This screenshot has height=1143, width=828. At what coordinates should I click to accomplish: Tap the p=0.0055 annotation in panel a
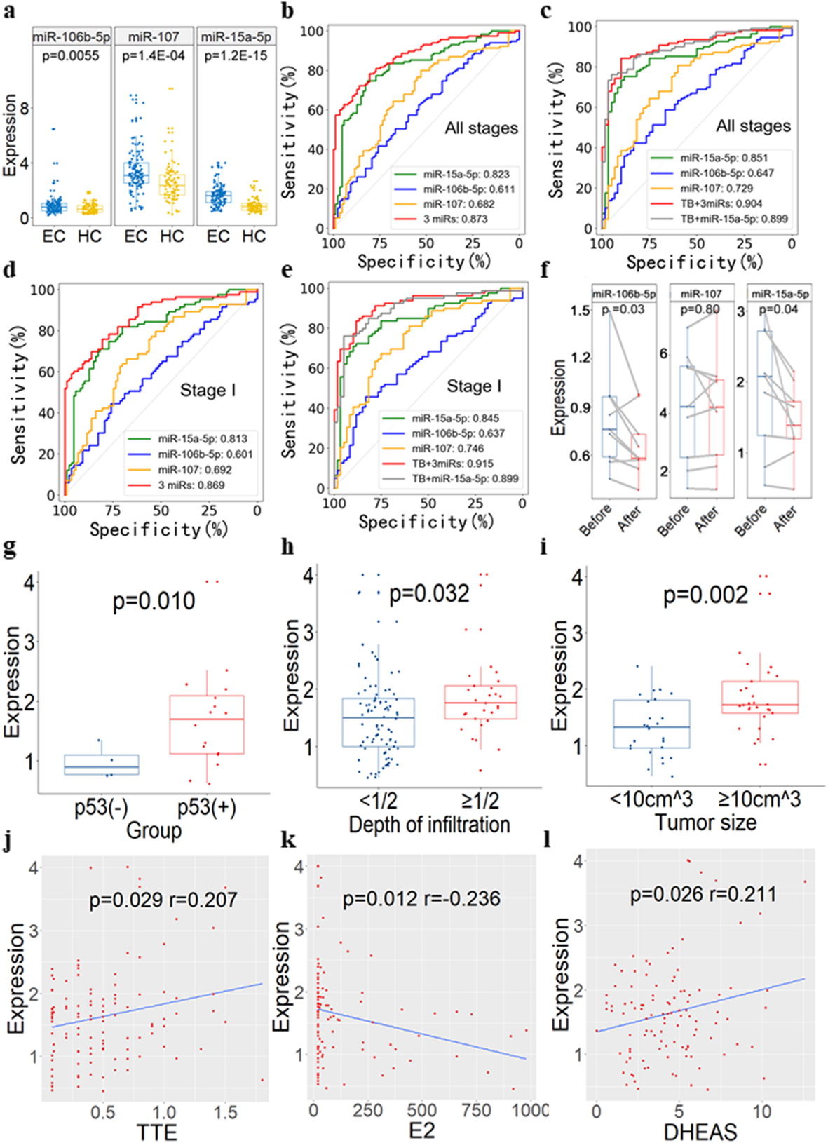(x=71, y=55)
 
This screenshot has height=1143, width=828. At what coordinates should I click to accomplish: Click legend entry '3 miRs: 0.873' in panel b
(x=455, y=219)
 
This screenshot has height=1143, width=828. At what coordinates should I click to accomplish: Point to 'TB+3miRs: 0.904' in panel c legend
(x=721, y=203)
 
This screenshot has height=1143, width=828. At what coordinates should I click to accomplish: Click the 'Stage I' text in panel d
(x=208, y=390)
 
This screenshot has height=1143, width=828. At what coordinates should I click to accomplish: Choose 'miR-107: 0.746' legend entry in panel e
(x=447, y=448)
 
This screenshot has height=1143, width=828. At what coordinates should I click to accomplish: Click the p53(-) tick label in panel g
(x=102, y=807)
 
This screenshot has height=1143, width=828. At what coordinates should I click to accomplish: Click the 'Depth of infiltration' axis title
(x=429, y=825)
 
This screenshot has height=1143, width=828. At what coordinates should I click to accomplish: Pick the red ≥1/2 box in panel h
(x=480, y=701)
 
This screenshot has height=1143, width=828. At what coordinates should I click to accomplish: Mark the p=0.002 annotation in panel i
(x=705, y=595)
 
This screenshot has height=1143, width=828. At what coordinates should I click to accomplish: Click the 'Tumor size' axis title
(x=705, y=823)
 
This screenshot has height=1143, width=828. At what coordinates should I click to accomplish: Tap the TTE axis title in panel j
(x=156, y=1131)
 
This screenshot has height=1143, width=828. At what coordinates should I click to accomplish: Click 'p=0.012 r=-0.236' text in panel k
(x=421, y=899)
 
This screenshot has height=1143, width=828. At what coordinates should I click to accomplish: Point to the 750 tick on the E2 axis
(x=476, y=1110)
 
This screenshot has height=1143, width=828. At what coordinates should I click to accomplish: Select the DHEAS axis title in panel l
(x=700, y=1131)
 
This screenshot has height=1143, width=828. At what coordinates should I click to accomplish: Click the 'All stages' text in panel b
(x=481, y=128)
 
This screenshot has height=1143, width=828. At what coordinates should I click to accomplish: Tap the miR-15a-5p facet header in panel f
(x=780, y=294)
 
